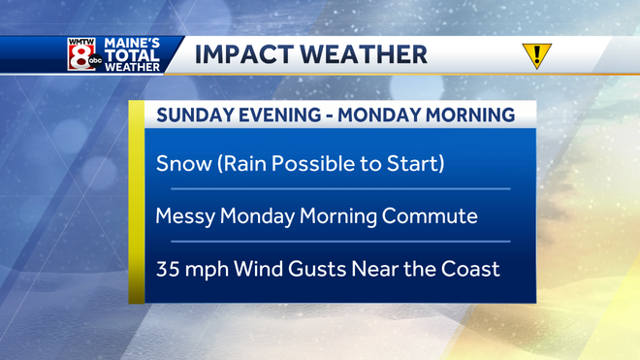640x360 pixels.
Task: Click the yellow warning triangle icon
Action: click(x=533, y=55)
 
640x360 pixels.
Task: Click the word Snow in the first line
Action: click(x=180, y=163)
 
